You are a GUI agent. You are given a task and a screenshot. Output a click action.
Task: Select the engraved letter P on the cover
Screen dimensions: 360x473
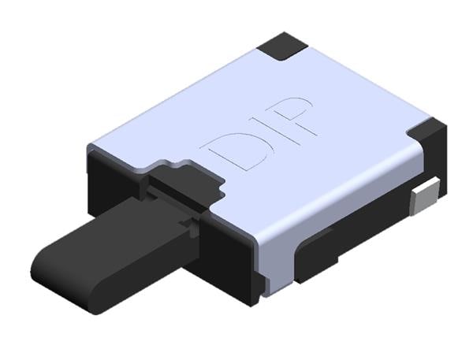pyautogui.click(x=294, y=116)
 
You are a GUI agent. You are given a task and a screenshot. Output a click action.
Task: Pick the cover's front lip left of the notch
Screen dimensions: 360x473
pyautogui.click(x=118, y=158)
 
